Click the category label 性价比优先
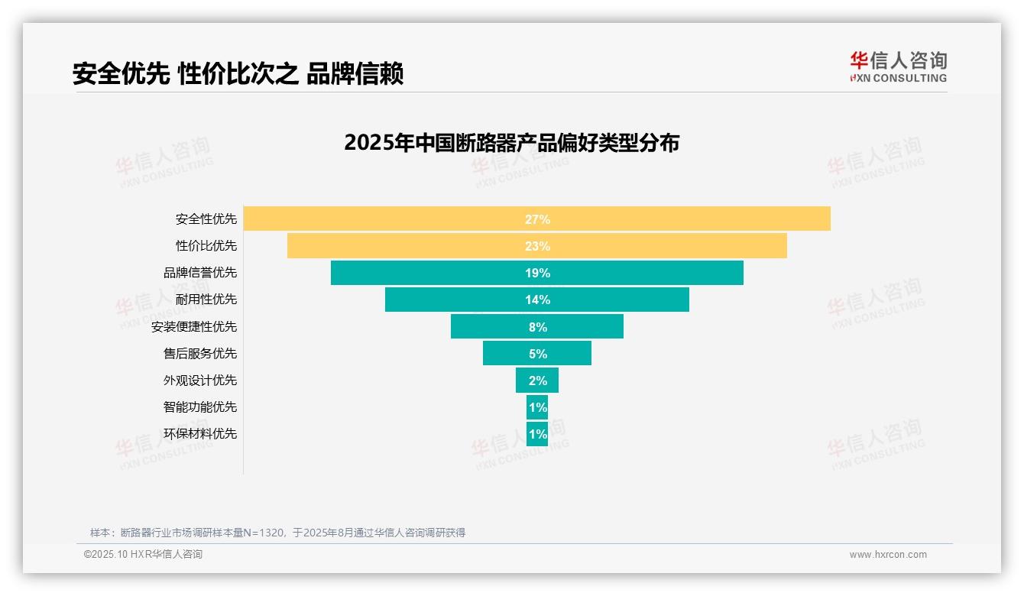[x=206, y=246]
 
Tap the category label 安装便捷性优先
[x=194, y=326]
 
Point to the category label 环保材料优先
[x=200, y=433]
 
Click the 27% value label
[x=537, y=219]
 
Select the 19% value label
[x=537, y=273]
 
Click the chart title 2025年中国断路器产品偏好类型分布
[x=511, y=143]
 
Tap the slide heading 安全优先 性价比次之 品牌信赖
[x=238, y=73]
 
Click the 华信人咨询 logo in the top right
[x=898, y=66]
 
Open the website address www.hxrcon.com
[x=887, y=555]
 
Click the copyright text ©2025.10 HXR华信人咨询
[x=143, y=555]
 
